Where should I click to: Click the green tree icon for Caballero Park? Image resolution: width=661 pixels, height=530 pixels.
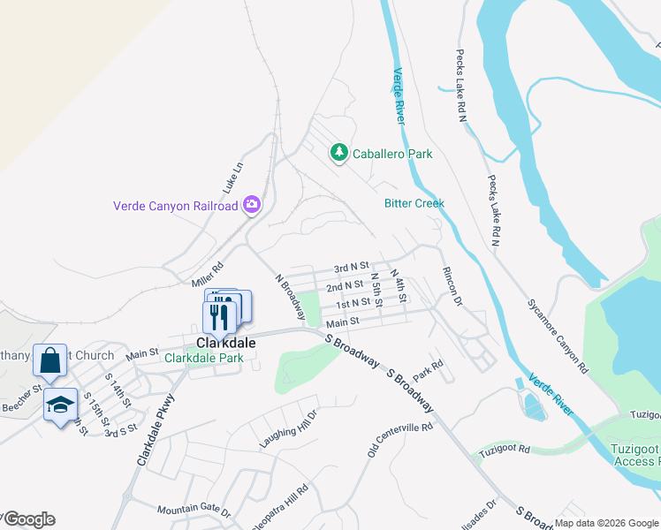pos(338,154)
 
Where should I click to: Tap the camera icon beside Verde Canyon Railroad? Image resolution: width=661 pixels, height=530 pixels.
pos(252,205)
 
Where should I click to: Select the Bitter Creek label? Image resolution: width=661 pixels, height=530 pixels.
pos(414,203)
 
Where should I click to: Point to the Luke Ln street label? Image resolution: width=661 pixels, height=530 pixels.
pos(232,178)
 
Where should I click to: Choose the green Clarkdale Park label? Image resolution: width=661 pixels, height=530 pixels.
pos(203,358)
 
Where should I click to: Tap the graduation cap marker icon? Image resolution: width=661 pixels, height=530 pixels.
pos(59,405)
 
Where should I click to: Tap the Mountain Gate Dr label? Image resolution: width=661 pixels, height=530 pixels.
pos(193,511)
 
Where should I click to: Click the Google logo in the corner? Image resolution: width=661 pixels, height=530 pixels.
pos(28,519)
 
